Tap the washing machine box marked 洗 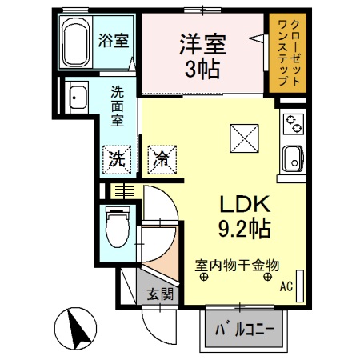(117, 157)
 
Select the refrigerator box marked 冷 (158, 157)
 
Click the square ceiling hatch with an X (242, 138)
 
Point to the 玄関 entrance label (158, 294)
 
